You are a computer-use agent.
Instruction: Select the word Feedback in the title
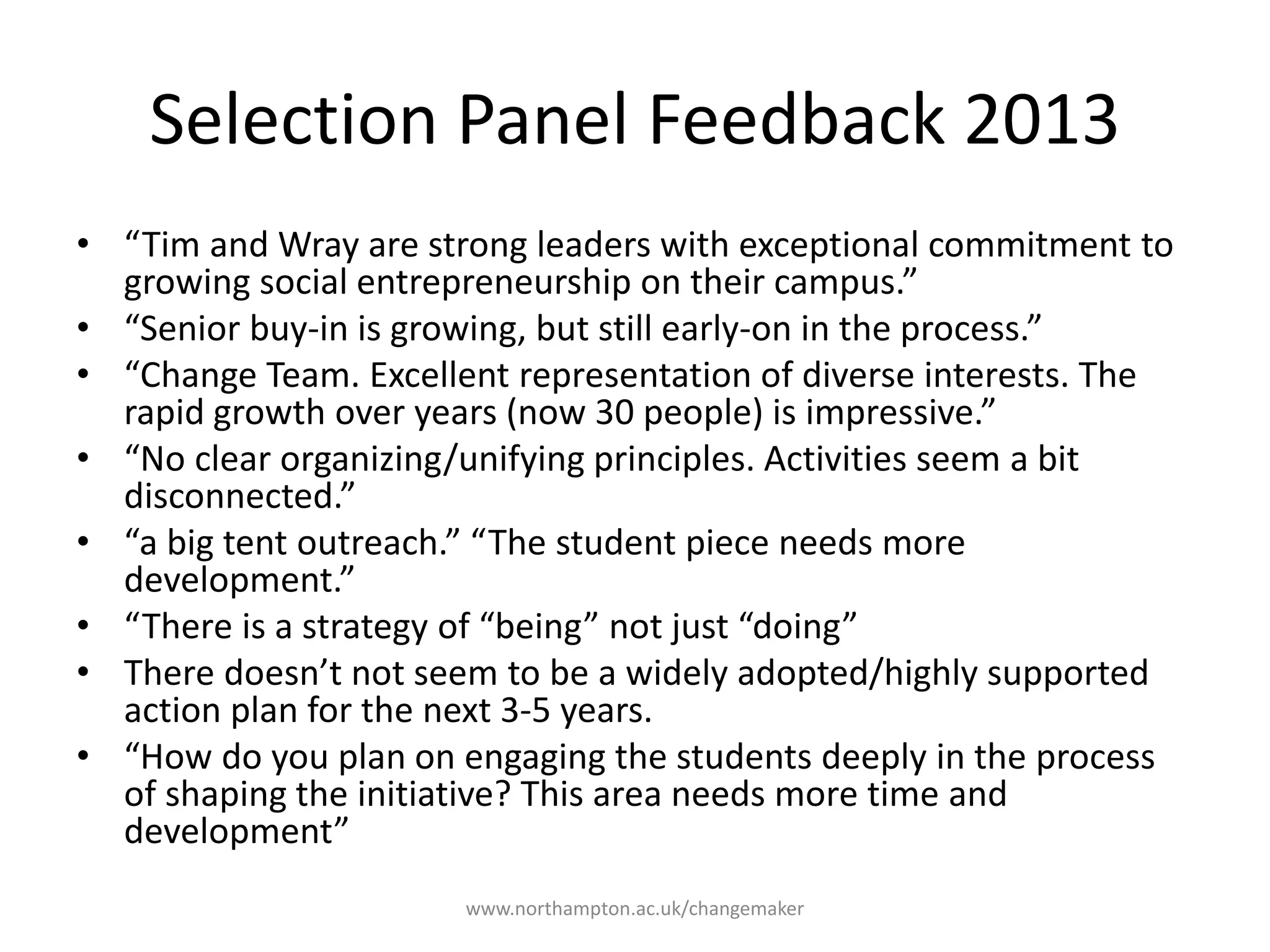(797, 120)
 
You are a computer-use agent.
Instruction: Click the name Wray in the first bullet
(319, 245)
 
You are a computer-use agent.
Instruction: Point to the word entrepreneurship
(493, 283)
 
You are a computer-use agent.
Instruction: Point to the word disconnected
(239, 496)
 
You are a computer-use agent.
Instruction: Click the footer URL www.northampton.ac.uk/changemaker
(634, 909)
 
